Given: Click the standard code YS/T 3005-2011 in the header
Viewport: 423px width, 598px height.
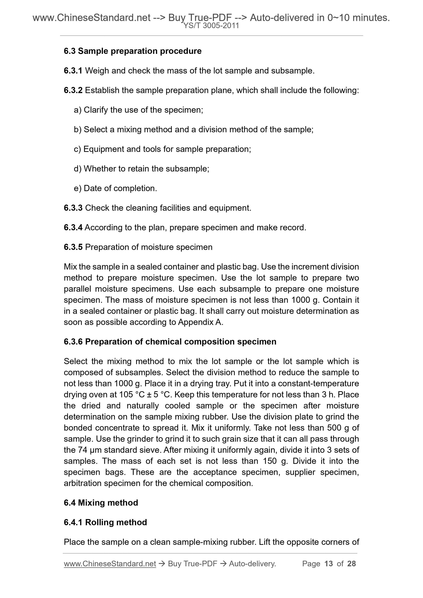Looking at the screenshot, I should click(211, 26).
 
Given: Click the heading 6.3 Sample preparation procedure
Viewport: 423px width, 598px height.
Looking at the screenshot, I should click(132, 51).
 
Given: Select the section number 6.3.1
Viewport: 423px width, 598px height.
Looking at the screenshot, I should click(73, 71).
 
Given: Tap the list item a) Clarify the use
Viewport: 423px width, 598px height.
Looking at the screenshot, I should click(138, 110).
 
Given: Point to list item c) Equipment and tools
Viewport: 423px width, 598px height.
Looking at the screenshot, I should click(162, 149).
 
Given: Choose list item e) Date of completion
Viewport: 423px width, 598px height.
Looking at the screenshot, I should click(115, 188).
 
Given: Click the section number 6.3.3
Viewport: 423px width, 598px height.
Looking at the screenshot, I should click(73, 208).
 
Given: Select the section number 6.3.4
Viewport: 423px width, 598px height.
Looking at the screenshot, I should click(73, 227).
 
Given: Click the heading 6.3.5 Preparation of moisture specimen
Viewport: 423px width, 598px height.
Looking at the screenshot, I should click(138, 247).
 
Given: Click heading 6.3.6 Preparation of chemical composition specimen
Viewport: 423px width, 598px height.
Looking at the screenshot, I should click(170, 341).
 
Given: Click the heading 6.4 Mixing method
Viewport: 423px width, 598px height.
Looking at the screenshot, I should click(101, 502).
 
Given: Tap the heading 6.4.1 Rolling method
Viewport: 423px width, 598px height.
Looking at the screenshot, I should click(105, 522).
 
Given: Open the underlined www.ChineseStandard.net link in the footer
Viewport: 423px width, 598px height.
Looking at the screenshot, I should click(110, 564).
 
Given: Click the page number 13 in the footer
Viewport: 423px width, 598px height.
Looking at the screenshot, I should click(329, 564).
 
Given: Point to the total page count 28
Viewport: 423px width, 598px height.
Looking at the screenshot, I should click(351, 564).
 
